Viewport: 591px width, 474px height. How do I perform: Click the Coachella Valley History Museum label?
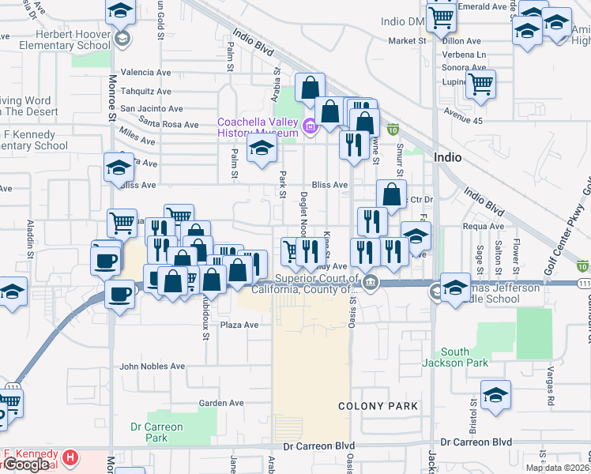pos(258,126)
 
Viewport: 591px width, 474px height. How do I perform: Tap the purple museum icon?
pos(309,125)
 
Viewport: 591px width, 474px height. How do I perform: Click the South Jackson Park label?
pos(454,357)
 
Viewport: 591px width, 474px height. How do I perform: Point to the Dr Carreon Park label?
pos(156,432)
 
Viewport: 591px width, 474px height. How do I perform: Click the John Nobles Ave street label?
pos(152,367)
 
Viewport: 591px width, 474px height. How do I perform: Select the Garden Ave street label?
pos(220,403)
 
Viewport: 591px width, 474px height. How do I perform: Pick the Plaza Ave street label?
pos(239,325)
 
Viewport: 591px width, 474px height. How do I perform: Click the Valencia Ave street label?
pos(145,72)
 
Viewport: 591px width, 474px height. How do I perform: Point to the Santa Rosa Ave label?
pos(168,124)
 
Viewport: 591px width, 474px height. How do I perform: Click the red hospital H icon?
pos(70,457)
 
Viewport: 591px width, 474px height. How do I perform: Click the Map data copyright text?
pos(558,468)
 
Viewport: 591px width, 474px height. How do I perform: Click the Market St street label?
pos(407,40)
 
